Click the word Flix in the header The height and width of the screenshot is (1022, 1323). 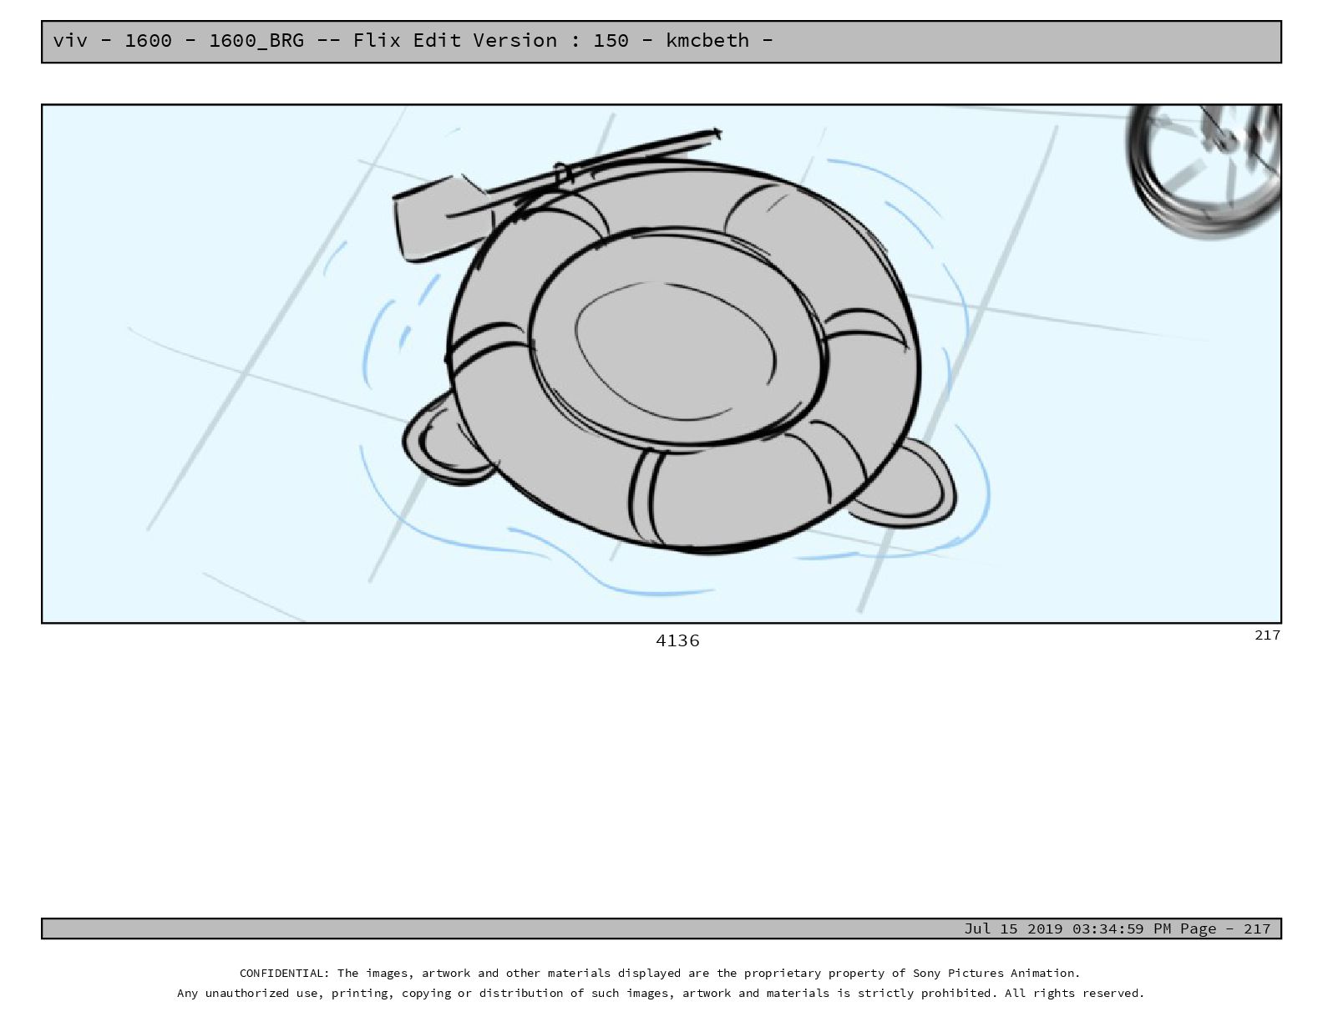tap(376, 40)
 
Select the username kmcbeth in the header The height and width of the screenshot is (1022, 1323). tap(707, 40)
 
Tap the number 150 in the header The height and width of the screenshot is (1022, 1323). tap(611, 40)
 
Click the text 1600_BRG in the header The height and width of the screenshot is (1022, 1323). tap(256, 41)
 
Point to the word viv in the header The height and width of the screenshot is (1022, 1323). tap(70, 40)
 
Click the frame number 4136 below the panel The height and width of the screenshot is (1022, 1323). tap(677, 640)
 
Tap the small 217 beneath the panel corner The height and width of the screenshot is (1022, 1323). tap(1267, 635)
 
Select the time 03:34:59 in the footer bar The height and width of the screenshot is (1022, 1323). tap(1113, 928)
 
